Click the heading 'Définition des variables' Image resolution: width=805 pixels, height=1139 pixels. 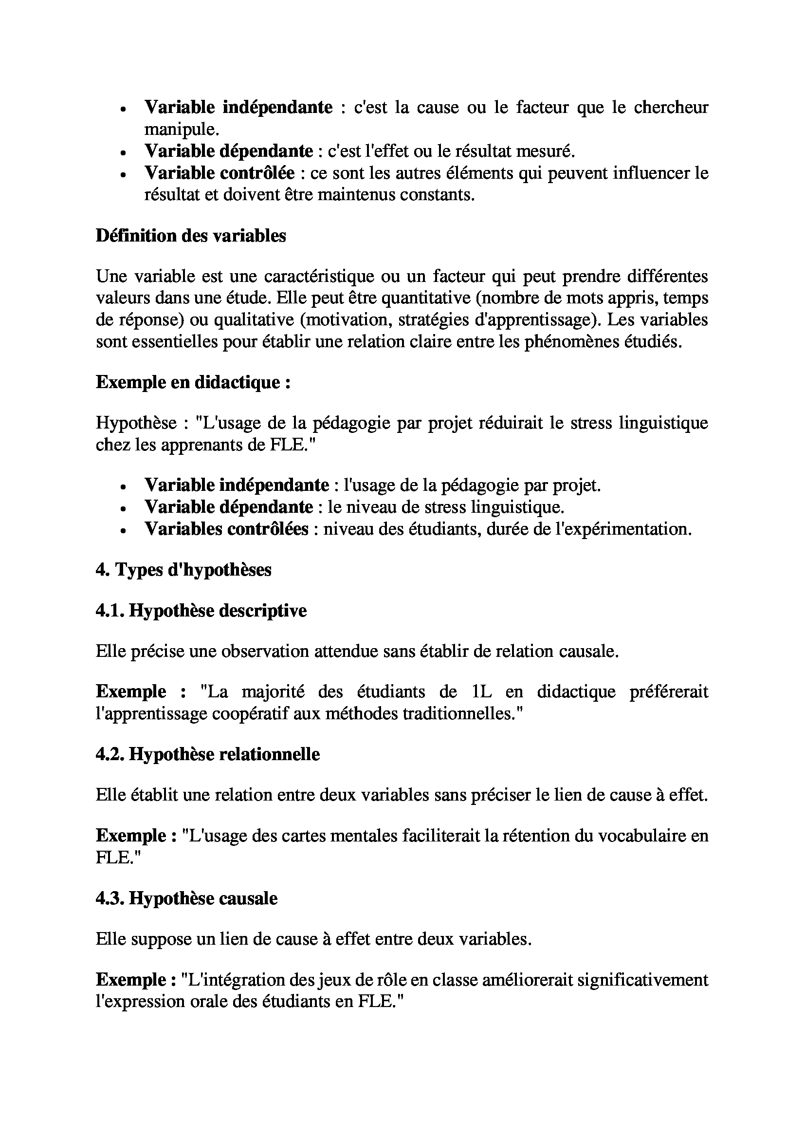pos(191,236)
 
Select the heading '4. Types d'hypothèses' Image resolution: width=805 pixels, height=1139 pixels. pos(183,570)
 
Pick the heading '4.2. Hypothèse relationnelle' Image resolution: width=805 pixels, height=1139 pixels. pos(208,754)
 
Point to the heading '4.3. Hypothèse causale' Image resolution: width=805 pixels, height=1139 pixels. pos(186,898)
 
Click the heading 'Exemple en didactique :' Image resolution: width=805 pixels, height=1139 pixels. pos(193,382)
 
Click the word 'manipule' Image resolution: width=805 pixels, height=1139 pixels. pos(180,129)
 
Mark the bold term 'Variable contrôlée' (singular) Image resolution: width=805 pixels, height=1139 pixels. pos(220,173)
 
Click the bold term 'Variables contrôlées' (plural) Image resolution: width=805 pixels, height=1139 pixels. pos(226,529)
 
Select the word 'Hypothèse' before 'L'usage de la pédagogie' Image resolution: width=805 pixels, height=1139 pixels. pos(136,423)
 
